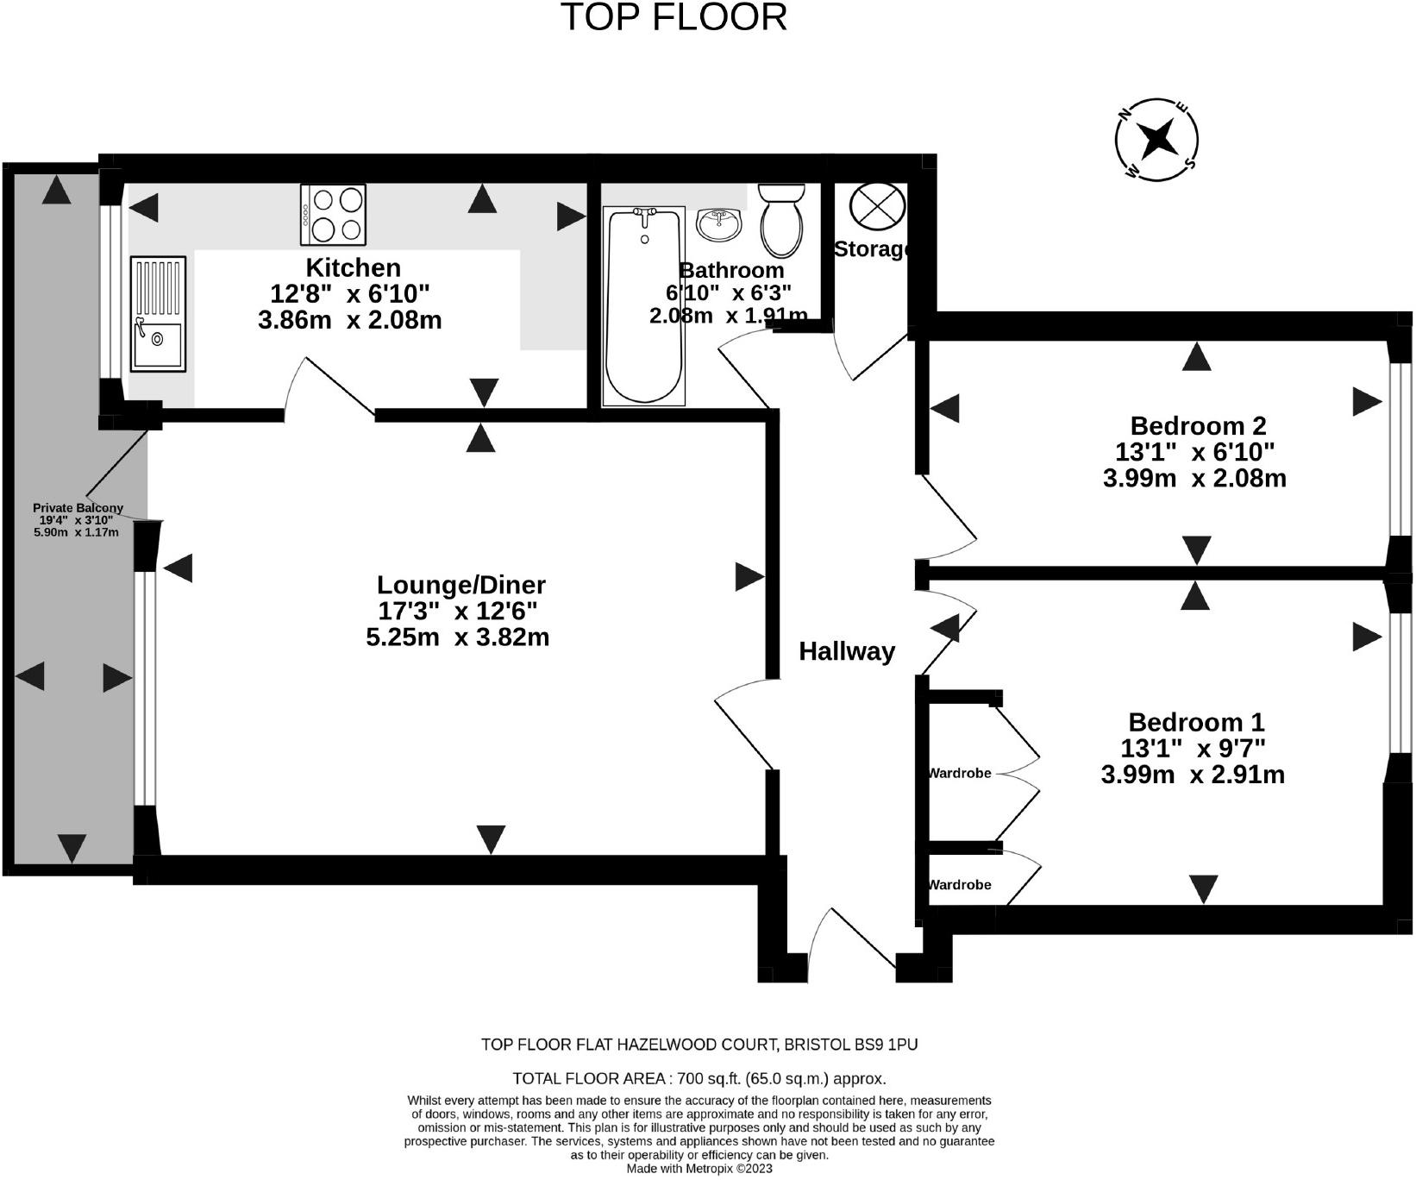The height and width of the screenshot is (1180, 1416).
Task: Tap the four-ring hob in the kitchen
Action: click(333, 215)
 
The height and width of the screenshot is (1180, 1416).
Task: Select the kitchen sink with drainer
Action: click(158, 314)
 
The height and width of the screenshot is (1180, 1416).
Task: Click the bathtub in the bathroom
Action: click(643, 305)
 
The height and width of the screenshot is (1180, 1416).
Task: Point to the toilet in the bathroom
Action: click(781, 221)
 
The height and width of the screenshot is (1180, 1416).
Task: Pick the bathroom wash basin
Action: click(718, 224)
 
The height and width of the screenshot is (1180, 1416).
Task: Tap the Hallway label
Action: click(847, 651)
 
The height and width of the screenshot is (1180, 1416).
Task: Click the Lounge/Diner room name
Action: click(461, 585)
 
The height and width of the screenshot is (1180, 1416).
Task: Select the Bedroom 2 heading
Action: click(1198, 425)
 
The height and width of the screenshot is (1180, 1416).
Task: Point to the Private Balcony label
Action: click(78, 508)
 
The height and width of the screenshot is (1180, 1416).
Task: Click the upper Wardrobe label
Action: click(960, 773)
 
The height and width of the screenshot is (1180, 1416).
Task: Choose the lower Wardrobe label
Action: click(960, 884)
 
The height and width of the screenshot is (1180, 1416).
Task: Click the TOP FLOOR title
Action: click(674, 17)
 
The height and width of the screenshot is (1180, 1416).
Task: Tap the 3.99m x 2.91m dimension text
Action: click(1193, 775)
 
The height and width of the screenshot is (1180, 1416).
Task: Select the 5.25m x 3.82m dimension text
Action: click(458, 637)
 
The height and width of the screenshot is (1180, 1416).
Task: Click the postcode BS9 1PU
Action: click(886, 1045)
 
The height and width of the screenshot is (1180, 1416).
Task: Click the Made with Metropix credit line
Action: click(699, 1169)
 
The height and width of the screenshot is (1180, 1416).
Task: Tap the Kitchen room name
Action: click(354, 267)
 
